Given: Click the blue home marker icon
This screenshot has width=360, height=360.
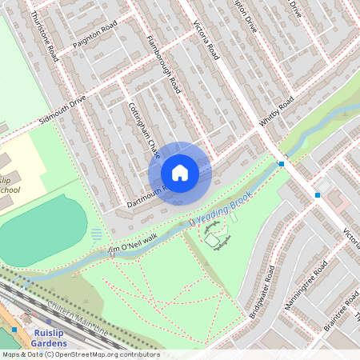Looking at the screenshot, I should [x=180, y=172].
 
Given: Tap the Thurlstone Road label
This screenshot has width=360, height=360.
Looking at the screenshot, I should [x=43, y=36].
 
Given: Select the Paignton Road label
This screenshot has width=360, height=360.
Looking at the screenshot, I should [x=94, y=35].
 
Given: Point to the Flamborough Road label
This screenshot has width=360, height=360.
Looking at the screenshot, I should [x=164, y=64].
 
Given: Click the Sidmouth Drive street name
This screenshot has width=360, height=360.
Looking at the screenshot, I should [x=62, y=114].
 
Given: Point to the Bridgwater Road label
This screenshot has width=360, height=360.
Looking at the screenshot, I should [x=262, y=291].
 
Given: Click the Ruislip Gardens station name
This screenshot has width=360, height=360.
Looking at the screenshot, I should [x=43, y=337].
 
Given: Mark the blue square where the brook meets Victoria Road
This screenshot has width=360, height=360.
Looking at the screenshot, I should [x=282, y=164].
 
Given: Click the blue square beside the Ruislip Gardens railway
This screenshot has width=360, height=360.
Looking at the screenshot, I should [x=15, y=329].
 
